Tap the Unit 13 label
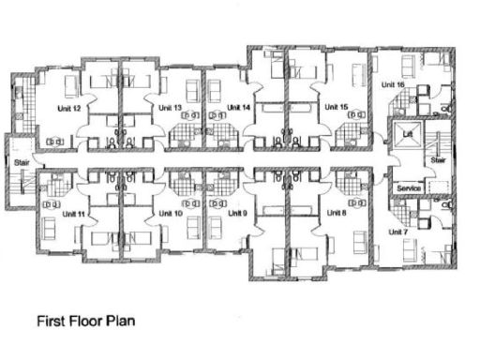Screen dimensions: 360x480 point(170,108)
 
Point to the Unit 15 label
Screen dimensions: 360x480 point(337,108)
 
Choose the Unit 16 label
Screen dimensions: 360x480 point(393,85)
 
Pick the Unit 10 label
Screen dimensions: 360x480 point(172,214)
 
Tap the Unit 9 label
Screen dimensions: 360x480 point(238,214)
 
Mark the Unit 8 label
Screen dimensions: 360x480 point(337,214)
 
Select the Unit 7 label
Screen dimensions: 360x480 point(399,232)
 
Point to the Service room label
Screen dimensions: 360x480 point(408,188)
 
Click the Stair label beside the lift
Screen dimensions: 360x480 point(436,160)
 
